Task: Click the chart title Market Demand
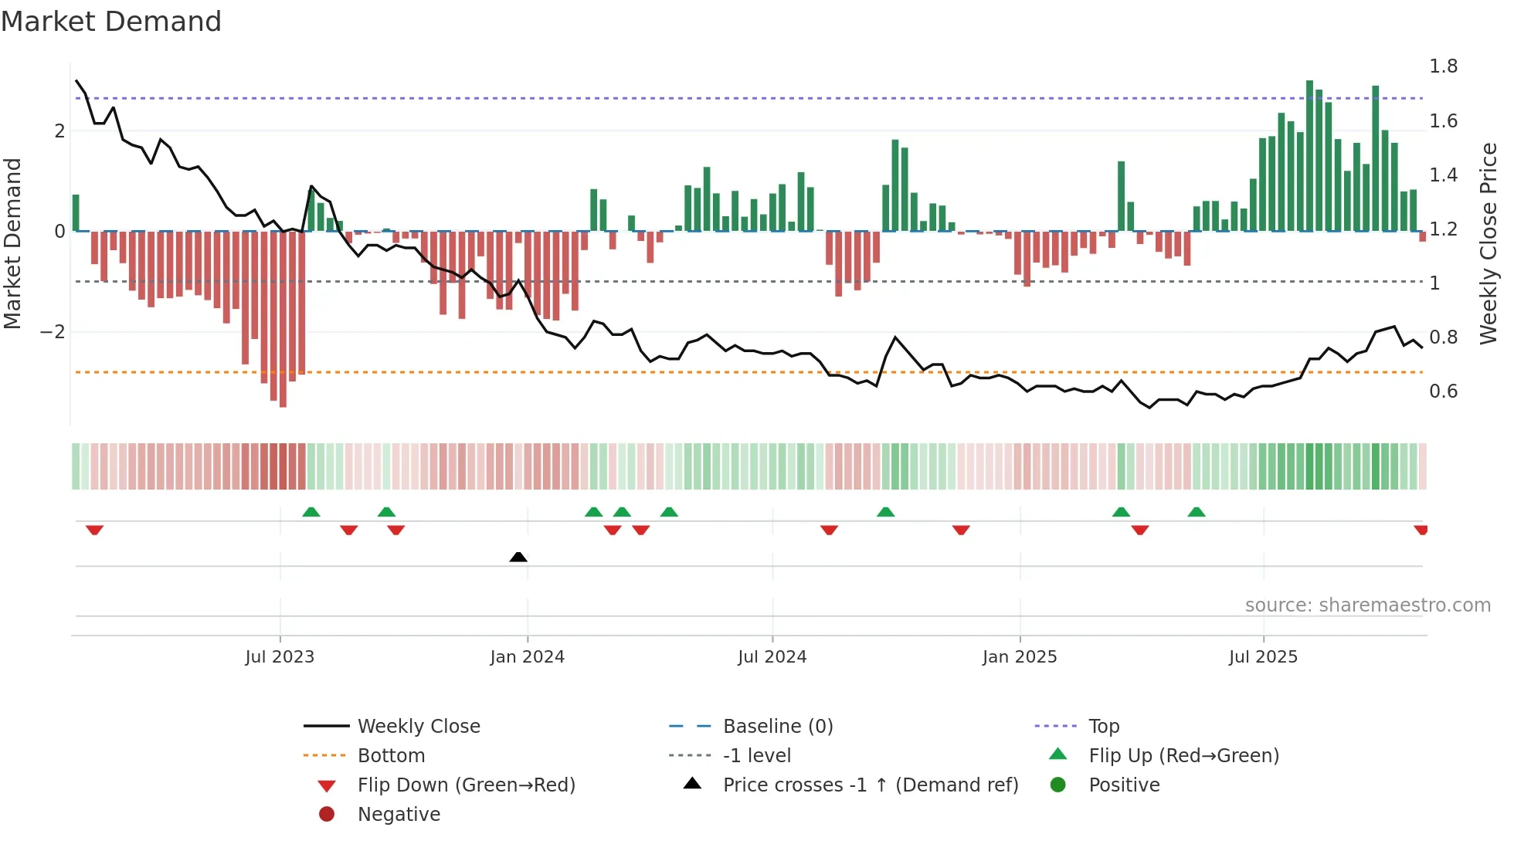pyautogui.click(x=111, y=21)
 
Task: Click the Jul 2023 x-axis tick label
pyautogui.click(x=280, y=657)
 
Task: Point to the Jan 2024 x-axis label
pyautogui.click(x=527, y=657)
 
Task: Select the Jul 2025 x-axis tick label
pyautogui.click(x=1263, y=657)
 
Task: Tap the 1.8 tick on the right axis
pyautogui.click(x=1443, y=66)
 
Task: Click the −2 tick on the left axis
pyautogui.click(x=53, y=332)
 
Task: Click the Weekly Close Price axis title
pyautogui.click(x=1488, y=243)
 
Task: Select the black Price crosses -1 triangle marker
pyautogui.click(x=518, y=557)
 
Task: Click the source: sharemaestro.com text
pyautogui.click(x=1367, y=605)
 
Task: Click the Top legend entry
pyautogui.click(x=1104, y=727)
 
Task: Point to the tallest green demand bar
pyautogui.click(x=1309, y=154)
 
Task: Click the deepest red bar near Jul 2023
pyautogui.click(x=283, y=320)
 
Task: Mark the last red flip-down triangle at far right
pyautogui.click(x=1421, y=530)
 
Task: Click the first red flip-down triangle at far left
pyautogui.click(x=94, y=530)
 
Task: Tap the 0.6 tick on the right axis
pyautogui.click(x=1443, y=392)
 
